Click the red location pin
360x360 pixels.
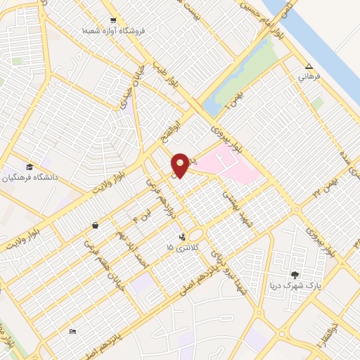pyautogui.click(x=180, y=165)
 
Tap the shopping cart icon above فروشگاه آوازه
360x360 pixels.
pyautogui.click(x=114, y=20)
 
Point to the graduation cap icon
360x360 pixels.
pyautogui.click(x=30, y=167)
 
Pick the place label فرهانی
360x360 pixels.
pyautogui.click(x=309, y=76)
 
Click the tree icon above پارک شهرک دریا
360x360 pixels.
pyautogui.click(x=295, y=275)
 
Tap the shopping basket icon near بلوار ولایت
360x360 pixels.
pyautogui.click(x=95, y=226)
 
